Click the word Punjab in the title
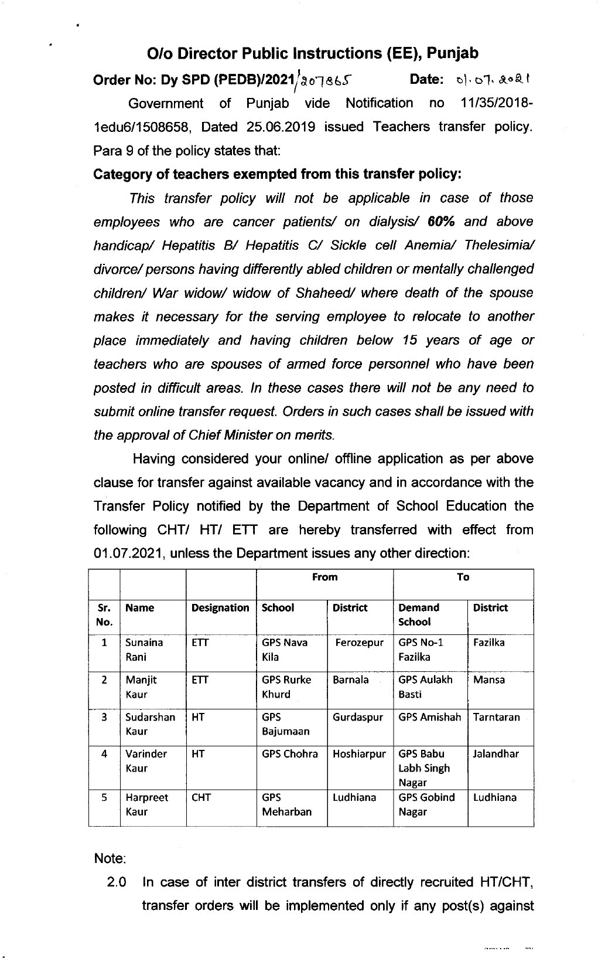pyautogui.click(x=452, y=53)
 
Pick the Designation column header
pyautogui.click(x=220, y=608)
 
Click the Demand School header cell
pyautogui.click(x=418, y=614)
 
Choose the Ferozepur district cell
pyautogui.click(x=359, y=643)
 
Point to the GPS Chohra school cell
pyautogui.click(x=289, y=754)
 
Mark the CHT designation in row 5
pyautogui.click(x=200, y=797)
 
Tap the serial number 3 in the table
pyautogui.click(x=104, y=717)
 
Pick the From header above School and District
pyautogui.click(x=324, y=577)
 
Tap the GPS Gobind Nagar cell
pyautogui.click(x=426, y=804)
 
